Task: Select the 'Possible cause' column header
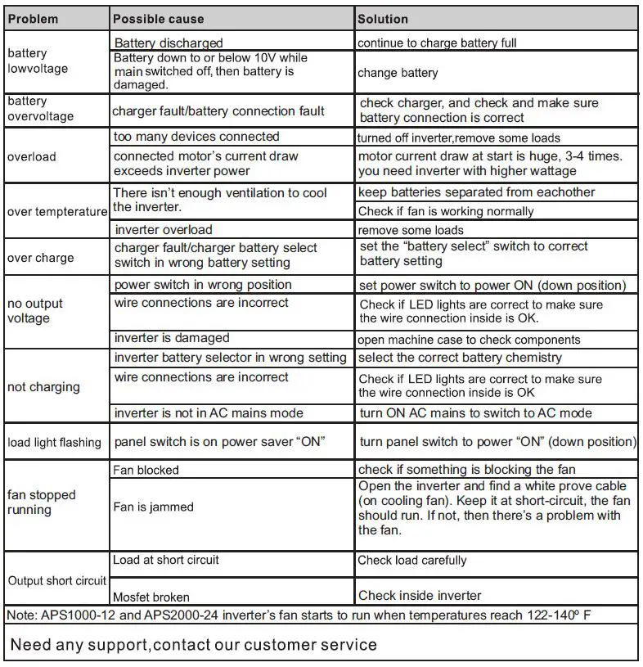(159, 19)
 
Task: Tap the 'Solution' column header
(383, 19)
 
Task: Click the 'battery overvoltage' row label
(40, 109)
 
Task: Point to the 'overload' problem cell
(31, 155)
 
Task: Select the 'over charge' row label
(40, 258)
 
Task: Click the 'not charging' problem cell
(43, 387)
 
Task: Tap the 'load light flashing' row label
(54, 443)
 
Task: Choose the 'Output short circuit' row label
(56, 580)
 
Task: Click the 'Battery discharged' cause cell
(169, 43)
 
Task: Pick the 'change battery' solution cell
(398, 73)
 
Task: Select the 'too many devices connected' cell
(196, 137)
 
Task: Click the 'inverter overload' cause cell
(164, 230)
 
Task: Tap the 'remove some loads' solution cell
(411, 231)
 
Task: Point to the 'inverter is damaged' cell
(172, 338)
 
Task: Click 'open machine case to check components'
(469, 340)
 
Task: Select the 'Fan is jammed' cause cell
(154, 507)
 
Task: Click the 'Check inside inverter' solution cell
(420, 596)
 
